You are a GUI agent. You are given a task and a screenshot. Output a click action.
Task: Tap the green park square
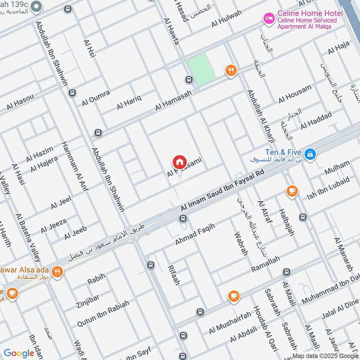click(x=201, y=68)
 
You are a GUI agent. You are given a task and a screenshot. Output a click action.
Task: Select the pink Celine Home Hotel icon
click(x=269, y=18)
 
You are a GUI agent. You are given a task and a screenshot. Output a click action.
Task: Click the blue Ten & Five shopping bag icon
click(x=310, y=155)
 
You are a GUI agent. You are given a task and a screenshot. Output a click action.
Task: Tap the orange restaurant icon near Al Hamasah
click(x=231, y=70)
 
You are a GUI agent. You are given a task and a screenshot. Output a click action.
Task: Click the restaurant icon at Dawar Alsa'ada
click(x=57, y=271)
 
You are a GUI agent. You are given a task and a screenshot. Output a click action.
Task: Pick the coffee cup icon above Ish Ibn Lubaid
click(x=292, y=191)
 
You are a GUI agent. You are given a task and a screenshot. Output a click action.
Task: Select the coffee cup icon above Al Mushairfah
click(x=233, y=296)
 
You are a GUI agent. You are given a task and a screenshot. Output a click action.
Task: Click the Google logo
click(x=19, y=353)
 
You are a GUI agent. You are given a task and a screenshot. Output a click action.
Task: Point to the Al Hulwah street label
click(x=227, y=19)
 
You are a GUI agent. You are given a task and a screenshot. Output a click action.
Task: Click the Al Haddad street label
click(x=316, y=119)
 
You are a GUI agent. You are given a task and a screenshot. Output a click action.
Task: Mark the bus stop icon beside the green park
click(x=189, y=80)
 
